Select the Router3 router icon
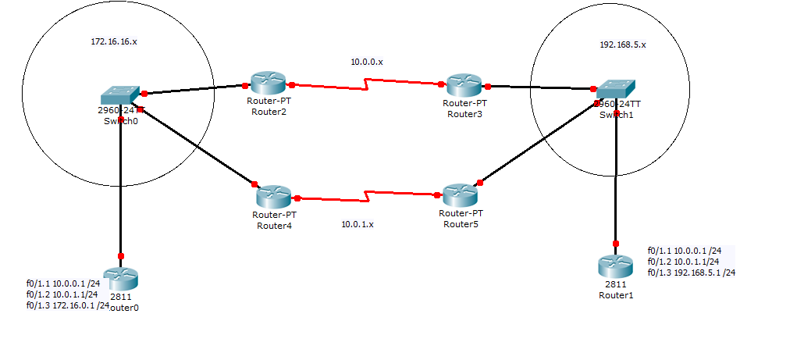pos(465,86)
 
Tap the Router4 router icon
pos(272,196)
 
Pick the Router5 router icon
pos(458,195)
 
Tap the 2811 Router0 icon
pos(120,278)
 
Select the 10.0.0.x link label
pos(366,61)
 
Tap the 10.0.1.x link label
pos(357,224)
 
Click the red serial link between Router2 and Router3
pos(367,84)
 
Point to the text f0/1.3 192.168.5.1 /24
pos(692,273)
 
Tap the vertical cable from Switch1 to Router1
pos(616,180)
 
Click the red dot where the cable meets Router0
pos(121,255)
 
